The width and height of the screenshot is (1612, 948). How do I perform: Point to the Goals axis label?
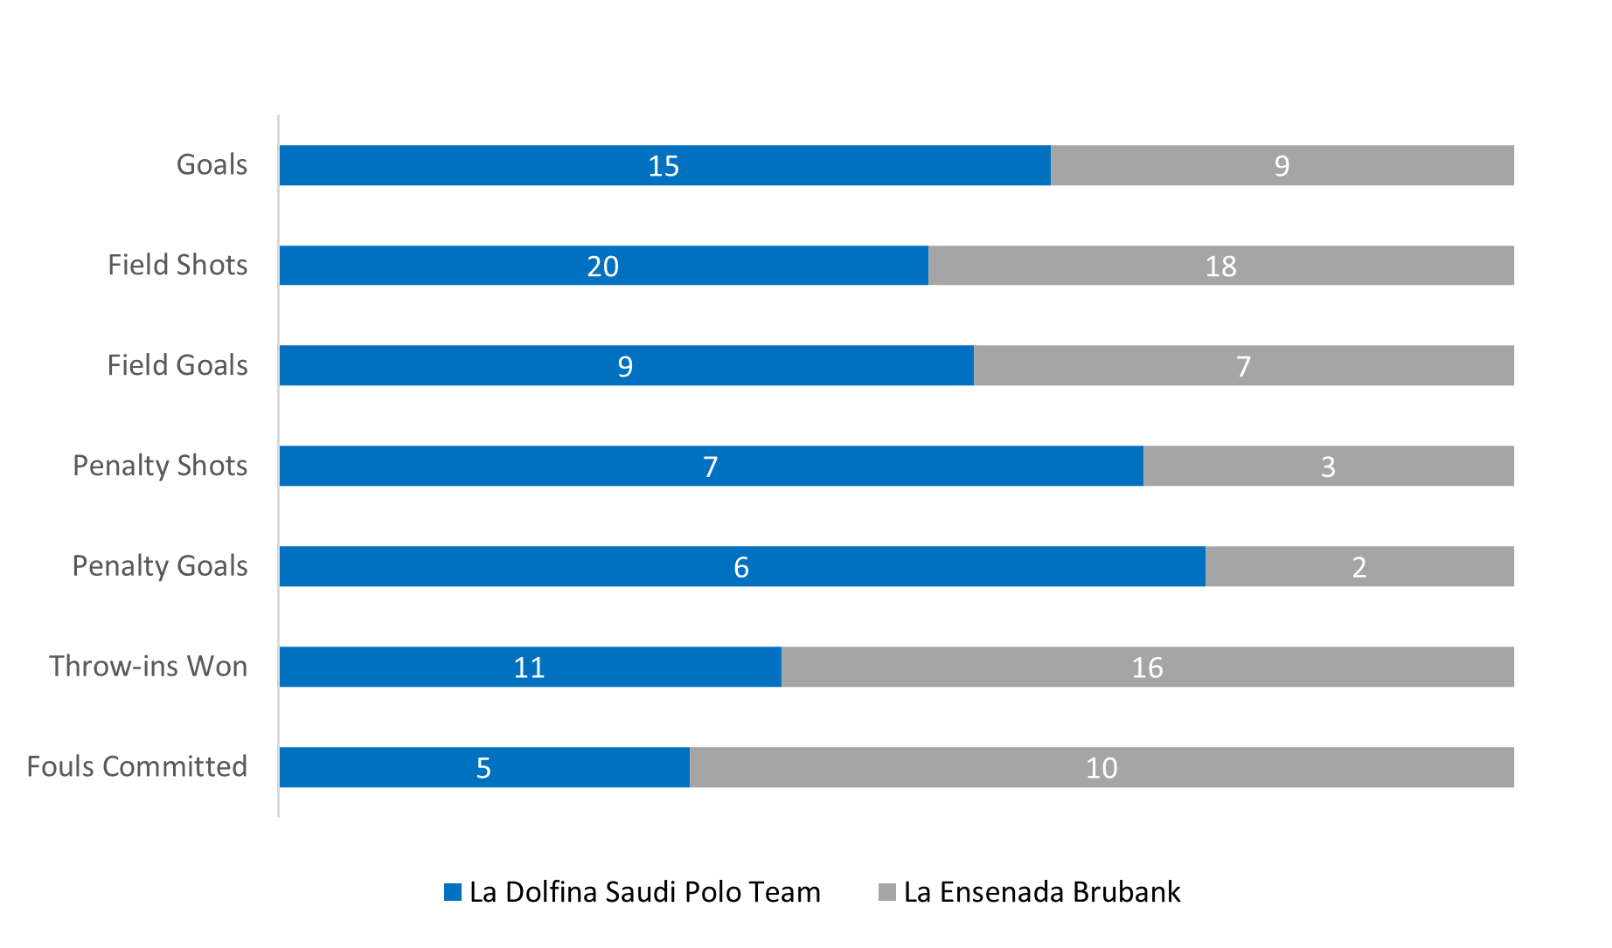pos(212,165)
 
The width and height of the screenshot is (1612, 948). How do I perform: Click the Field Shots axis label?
pos(177,265)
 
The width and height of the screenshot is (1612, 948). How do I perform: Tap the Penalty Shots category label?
pos(160,466)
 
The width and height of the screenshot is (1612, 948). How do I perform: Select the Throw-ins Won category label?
pos(149,666)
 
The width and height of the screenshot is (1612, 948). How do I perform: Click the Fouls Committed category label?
pos(137,766)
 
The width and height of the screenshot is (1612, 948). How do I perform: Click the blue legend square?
pos(453,892)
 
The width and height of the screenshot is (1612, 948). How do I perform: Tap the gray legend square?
pos(887,892)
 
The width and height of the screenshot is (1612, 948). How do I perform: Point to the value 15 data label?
pos(664,166)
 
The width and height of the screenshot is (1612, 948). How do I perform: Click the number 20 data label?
pos(602,266)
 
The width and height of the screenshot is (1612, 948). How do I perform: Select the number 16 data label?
pos(1147,668)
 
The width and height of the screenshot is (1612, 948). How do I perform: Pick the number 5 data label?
pos(483,768)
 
